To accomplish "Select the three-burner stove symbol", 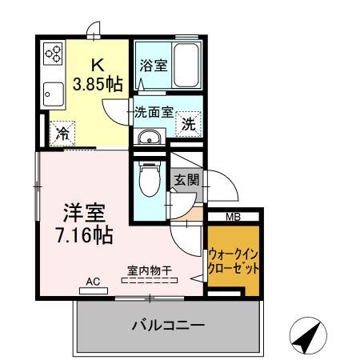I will (54, 54).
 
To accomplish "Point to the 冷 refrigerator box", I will (62, 134).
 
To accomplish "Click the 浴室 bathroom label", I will (153, 66).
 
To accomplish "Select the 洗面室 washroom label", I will (153, 112).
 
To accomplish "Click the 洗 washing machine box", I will (189, 124).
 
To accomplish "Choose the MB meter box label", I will (233, 216).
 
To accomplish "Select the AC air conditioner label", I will (93, 282).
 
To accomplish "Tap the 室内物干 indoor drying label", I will (149, 270).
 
